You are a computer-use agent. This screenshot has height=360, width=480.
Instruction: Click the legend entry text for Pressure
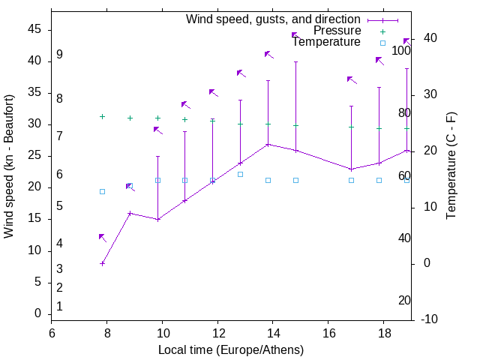(x=337, y=31)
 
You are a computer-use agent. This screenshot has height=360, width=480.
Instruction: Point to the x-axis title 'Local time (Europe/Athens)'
(x=231, y=350)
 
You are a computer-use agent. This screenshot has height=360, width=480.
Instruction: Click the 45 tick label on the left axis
(x=34, y=29)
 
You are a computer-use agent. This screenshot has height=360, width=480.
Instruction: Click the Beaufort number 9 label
(x=59, y=55)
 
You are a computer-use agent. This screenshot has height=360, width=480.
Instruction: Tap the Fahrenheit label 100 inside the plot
(x=401, y=50)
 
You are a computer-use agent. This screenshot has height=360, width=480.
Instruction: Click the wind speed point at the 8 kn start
(x=102, y=263)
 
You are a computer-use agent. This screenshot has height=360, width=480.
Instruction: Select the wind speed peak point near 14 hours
(x=268, y=144)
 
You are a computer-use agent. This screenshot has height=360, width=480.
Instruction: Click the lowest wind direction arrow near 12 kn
(x=102, y=237)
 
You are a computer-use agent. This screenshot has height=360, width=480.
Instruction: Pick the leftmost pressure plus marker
(x=102, y=116)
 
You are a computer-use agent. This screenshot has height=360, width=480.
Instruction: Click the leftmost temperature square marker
(x=102, y=191)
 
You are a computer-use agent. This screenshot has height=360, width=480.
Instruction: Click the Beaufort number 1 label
(x=59, y=307)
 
